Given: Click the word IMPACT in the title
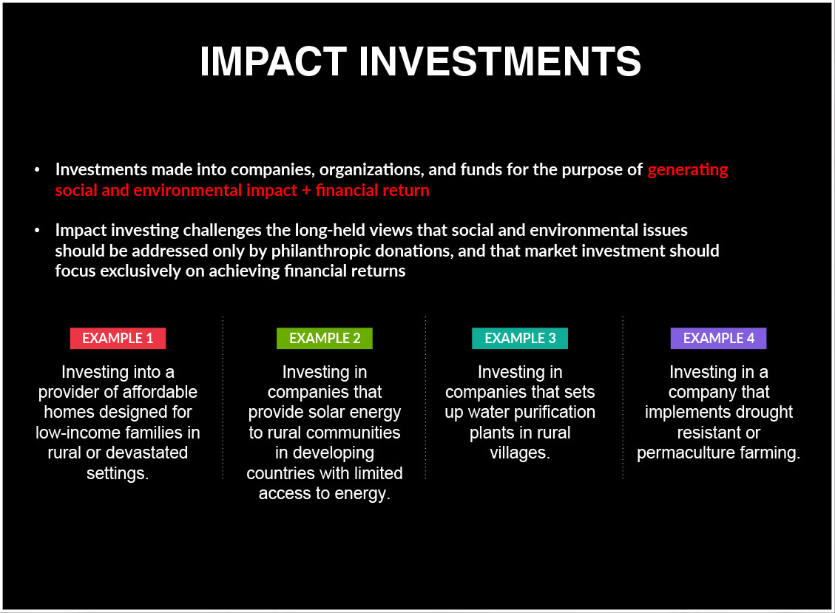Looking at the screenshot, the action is [x=273, y=61].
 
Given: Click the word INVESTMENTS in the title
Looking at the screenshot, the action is [x=500, y=61].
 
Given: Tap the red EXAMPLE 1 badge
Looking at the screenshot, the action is [x=118, y=338].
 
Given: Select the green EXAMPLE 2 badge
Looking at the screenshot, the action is [x=324, y=338].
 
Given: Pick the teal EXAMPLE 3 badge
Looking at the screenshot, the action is [x=520, y=338].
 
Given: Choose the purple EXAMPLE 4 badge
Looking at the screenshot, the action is [x=718, y=338].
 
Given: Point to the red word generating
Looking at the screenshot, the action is [x=688, y=170].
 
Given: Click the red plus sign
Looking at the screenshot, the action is [x=306, y=191].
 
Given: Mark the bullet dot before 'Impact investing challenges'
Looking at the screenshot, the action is [x=37, y=230].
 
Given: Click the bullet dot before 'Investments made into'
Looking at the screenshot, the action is [x=37, y=170].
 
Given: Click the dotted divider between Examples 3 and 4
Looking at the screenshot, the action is [x=623, y=398].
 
